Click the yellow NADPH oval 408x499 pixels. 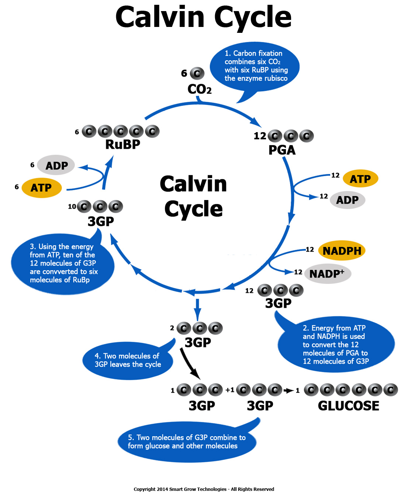[342, 251]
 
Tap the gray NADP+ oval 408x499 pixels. [328, 273]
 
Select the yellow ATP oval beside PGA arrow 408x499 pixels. [360, 179]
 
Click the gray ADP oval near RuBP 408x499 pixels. [56, 165]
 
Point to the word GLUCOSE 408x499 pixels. [348, 406]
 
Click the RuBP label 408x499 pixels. [123, 144]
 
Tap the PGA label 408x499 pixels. [282, 150]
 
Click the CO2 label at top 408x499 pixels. [199, 89]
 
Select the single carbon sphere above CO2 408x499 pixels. [197, 73]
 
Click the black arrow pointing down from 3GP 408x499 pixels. [190, 364]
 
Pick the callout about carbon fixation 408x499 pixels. [255, 66]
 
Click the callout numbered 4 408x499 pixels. [128, 360]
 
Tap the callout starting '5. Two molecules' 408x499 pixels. [186, 442]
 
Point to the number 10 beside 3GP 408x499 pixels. [72, 207]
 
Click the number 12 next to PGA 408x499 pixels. [260, 136]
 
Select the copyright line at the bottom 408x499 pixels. [204, 489]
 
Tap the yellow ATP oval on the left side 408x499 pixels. [41, 187]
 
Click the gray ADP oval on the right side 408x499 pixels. [347, 200]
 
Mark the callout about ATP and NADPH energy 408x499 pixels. [336, 345]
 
